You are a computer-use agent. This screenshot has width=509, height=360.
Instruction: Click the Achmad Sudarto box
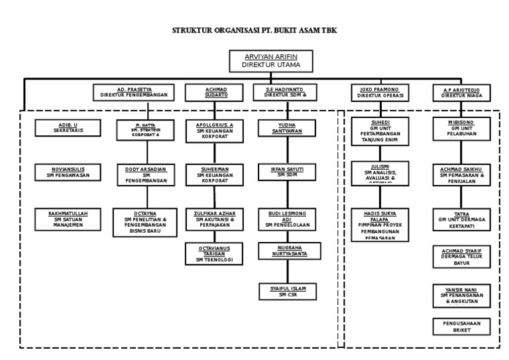click(215, 92)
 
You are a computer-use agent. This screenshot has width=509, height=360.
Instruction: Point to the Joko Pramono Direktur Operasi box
click(381, 92)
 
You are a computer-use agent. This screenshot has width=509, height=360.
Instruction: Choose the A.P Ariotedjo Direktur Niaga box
click(463, 92)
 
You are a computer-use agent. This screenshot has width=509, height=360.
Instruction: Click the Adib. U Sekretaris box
click(69, 128)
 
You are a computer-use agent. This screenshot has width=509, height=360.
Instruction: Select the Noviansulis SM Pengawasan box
click(68, 172)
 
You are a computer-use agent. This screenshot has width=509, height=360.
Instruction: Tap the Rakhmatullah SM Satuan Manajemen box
click(68, 218)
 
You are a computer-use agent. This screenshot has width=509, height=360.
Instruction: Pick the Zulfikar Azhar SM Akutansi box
click(215, 219)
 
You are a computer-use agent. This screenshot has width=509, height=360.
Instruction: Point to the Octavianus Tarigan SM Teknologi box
click(215, 253)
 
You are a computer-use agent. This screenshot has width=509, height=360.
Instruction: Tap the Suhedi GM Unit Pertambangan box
click(380, 131)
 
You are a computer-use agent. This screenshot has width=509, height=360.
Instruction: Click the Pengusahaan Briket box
click(463, 326)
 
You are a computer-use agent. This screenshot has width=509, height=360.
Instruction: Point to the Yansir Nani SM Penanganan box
click(463, 295)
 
